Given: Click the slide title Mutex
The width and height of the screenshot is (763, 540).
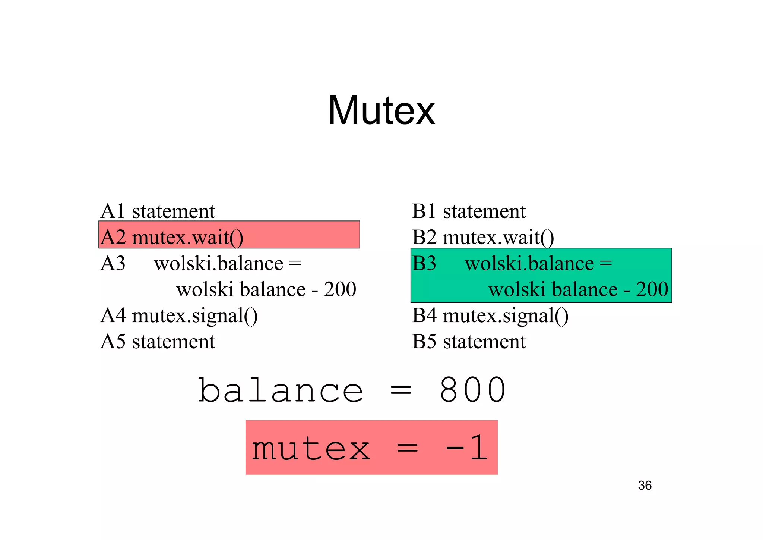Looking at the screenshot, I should pos(381,111).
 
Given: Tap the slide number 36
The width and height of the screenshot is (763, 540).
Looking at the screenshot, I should pos(645,486).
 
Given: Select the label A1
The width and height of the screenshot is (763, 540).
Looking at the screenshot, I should pos(113,211).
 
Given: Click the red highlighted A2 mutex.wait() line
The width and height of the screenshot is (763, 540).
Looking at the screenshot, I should pos(229,235).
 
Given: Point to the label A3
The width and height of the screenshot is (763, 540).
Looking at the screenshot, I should pos(113,263).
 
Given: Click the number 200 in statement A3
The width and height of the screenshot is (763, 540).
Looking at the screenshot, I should pos(340,289).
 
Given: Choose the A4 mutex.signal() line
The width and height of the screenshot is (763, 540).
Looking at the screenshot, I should pos(179,315).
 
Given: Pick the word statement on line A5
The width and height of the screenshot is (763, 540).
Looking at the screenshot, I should pos(174,342).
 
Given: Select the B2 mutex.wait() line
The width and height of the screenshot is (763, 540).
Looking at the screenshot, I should pos(483,237).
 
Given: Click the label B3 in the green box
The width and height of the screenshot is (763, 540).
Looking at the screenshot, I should pos(424,263).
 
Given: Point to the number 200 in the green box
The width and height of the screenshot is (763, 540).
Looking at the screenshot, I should pos(652,289).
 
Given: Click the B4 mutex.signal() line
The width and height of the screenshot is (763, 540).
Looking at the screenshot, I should pos(490,315).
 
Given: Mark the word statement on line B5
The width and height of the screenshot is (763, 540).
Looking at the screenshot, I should pos(484,342).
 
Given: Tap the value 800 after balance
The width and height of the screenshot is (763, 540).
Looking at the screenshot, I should pos(472,390).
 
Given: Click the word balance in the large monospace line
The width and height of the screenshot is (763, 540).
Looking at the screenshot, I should pos(280,390).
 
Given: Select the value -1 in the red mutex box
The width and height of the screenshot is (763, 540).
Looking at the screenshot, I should pos(466,448).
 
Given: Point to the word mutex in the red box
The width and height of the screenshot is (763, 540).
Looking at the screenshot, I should pos(311,448).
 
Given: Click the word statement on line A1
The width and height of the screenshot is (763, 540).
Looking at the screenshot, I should pos(174,211).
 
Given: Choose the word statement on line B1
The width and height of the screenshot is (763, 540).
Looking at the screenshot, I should pos(484,211).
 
